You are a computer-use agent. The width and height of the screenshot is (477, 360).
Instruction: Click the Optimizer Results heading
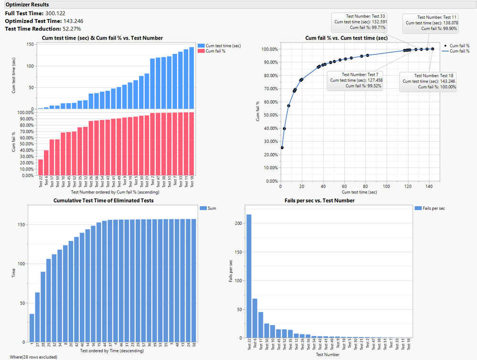[27, 4]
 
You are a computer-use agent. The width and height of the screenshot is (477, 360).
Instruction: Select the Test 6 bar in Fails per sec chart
[254, 318]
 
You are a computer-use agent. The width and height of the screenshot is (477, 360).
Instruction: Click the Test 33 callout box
[360, 21]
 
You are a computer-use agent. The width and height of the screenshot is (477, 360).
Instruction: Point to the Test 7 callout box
[354, 80]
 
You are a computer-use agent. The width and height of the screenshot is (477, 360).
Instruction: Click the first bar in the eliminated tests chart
[32, 328]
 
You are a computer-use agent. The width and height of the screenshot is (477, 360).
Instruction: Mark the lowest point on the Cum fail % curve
[282, 148]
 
